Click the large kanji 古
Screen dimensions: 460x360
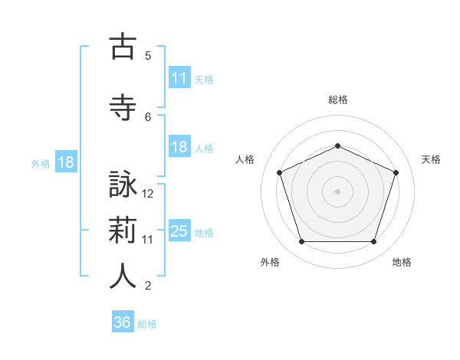click(123, 45)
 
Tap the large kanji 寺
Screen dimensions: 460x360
click(123, 107)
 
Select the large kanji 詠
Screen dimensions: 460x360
click(123, 184)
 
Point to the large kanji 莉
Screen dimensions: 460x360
click(123, 230)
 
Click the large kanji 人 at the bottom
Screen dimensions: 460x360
click(123, 276)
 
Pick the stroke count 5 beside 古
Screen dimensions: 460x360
click(148, 56)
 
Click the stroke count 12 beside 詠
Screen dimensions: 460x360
click(147, 194)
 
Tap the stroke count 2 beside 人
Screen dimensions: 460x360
click(148, 286)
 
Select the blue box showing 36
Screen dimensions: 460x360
click(123, 321)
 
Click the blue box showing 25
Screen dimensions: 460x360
click(179, 230)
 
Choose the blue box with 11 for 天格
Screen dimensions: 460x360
click(179, 77)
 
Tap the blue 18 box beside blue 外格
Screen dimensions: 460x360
click(66, 162)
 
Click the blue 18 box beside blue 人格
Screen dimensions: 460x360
click(179, 146)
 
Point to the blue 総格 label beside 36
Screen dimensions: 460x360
click(147, 324)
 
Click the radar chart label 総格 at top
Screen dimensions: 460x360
click(338, 100)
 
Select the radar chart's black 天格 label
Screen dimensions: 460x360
click(431, 159)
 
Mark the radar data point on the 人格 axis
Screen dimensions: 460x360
click(280, 172)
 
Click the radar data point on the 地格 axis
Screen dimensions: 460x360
click(373, 241)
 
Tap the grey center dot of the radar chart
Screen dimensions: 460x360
click(337, 191)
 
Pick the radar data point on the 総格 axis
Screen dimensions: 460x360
click(337, 146)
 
